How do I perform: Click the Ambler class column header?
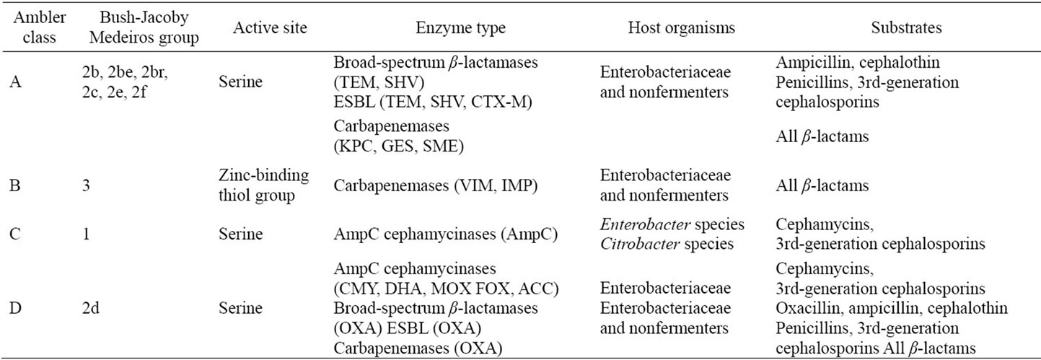pyautogui.click(x=40, y=27)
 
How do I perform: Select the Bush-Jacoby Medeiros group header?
pyautogui.click(x=144, y=27)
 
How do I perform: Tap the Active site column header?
pyautogui.click(x=270, y=28)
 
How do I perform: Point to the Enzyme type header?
pyautogui.click(x=460, y=28)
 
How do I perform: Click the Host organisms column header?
pyautogui.click(x=681, y=28)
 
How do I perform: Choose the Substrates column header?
pyautogui.click(x=906, y=28)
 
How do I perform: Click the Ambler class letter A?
pyautogui.click(x=15, y=82)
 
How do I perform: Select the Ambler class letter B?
pyautogui.click(x=15, y=186)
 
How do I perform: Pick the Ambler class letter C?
pyautogui.click(x=15, y=234)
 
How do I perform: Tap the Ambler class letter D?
pyautogui.click(x=15, y=308)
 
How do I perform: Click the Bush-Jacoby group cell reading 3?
pyautogui.click(x=86, y=186)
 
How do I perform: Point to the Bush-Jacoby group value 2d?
pyautogui.click(x=91, y=308)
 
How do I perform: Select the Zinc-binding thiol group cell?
pyautogui.click(x=263, y=185)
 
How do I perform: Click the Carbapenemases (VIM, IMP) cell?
pyautogui.click(x=436, y=186)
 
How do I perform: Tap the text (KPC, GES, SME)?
pyautogui.click(x=399, y=146)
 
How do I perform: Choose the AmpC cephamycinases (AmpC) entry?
pyautogui.click(x=446, y=234)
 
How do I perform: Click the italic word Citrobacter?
pyautogui.click(x=640, y=244)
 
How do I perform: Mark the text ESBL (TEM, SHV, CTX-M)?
pyautogui.click(x=433, y=102)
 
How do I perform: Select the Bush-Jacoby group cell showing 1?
pyautogui.click(x=86, y=234)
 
